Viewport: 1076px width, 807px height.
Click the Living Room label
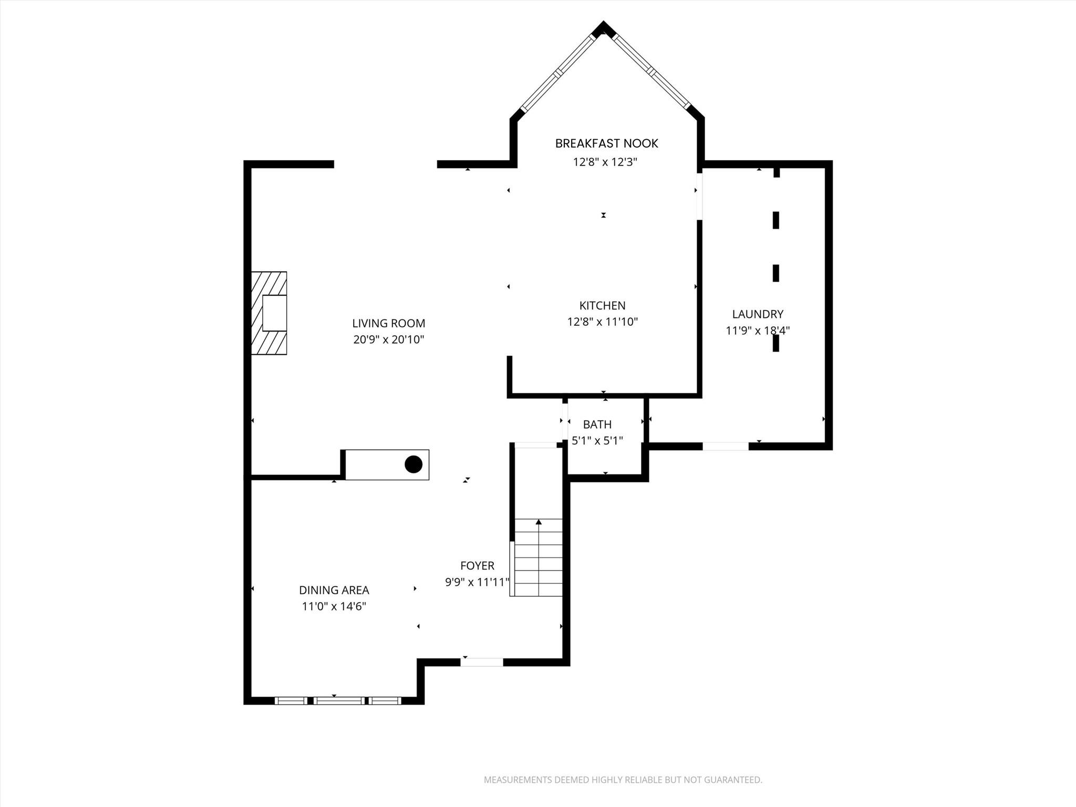coord(388,324)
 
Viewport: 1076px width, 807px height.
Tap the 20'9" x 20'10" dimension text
coord(388,340)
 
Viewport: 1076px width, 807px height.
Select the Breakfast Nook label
coord(606,143)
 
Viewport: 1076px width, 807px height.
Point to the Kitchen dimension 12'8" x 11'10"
coord(602,322)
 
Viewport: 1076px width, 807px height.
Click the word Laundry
coord(758,314)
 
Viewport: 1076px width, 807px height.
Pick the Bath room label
coord(597,425)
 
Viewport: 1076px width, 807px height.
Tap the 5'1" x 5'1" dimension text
coord(597,441)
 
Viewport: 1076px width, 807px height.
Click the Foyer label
coord(477,566)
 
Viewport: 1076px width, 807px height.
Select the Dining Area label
coord(334,591)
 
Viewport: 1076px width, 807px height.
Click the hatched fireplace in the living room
coord(269,313)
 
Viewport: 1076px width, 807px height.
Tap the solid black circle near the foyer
coord(413,464)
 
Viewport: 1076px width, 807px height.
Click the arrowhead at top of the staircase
coord(539,522)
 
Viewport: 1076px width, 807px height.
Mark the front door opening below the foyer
coord(482,663)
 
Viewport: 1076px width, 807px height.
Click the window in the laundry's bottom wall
coord(726,447)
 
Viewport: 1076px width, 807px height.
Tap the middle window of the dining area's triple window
coord(339,701)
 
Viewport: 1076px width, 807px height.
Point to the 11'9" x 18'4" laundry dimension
coord(758,331)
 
